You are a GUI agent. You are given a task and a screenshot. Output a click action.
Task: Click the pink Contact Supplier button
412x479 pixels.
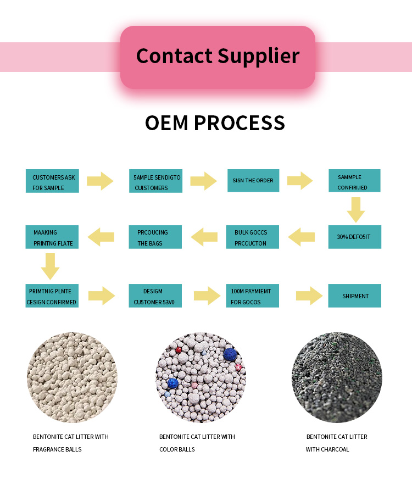coord(218,57)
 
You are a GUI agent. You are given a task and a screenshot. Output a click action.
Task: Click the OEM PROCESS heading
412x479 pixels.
coord(215,122)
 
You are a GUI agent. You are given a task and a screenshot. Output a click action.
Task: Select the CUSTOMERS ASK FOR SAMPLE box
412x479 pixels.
coord(52,181)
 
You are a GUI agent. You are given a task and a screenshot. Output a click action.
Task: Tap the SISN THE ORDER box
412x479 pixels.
coord(253,180)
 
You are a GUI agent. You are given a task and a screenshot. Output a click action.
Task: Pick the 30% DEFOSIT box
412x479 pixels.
coord(354,237)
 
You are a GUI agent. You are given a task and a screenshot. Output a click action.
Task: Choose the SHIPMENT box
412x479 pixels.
coord(354,296)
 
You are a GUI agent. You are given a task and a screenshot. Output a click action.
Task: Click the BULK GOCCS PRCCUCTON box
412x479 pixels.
coord(253,237)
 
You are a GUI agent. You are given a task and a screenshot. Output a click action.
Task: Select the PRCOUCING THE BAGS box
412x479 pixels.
coord(155,237)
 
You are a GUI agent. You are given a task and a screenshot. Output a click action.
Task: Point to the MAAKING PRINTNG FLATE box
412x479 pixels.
coord(52,237)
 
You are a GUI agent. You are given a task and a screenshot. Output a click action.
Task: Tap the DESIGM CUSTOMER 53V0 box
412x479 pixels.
coord(155,296)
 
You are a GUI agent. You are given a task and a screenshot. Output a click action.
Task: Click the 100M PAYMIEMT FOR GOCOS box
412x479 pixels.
coord(253,296)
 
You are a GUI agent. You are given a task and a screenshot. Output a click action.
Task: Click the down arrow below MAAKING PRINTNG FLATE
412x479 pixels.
coord(50,266)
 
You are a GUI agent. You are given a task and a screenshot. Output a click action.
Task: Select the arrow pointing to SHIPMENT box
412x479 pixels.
coord(309,296)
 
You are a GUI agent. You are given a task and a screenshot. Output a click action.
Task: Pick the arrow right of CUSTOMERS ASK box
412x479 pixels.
coord(100,181)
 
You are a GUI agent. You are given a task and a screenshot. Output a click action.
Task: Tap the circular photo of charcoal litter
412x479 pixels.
coord(336,377)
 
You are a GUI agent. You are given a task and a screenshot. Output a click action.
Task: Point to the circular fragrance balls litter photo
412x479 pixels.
coord(72,377)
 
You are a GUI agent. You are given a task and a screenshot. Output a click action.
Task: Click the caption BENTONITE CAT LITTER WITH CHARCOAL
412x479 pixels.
coord(336,443)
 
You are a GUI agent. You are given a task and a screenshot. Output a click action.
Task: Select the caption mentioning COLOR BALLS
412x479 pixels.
coord(197,443)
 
